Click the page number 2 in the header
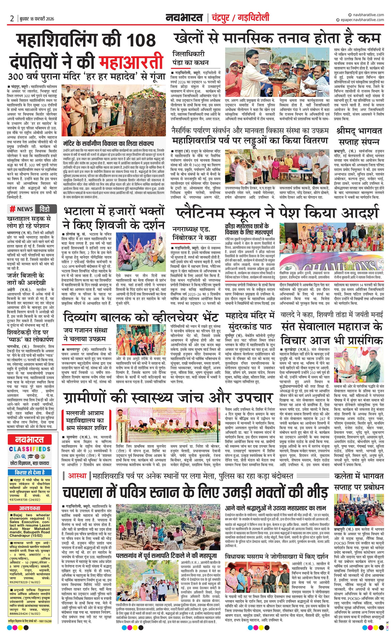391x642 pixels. [x=12, y=19]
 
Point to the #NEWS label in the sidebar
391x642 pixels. [x=21, y=209]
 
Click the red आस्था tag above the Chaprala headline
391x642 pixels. [x=77, y=475]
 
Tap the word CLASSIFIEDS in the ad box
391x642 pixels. [x=29, y=449]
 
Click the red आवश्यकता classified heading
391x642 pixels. [x=29, y=508]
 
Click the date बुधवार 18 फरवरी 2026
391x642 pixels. [x=36, y=19]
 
